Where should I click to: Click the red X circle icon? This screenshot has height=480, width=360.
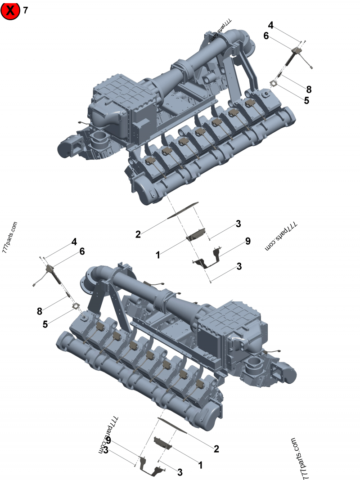pos(10,10)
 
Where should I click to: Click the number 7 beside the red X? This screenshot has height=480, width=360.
pos(25,10)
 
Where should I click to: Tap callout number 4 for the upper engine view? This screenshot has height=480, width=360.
pos(270,25)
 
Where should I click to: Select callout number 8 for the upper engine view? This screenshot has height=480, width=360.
pos(309,90)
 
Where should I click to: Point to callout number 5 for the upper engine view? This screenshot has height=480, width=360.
pos(306,100)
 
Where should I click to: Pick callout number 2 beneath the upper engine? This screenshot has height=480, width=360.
pos(138,234)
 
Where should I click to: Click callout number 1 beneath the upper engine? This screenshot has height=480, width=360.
pos(157,255)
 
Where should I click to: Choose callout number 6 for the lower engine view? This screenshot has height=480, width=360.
pos(82,251)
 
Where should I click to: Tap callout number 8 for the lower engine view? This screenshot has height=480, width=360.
pos(40,311)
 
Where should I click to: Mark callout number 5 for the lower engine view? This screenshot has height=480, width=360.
pos(45,324)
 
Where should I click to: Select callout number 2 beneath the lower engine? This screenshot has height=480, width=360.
pos(216,449)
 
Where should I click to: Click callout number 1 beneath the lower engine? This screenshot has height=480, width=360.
pos(200,465)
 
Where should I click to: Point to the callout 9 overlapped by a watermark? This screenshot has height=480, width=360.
pos(108,441)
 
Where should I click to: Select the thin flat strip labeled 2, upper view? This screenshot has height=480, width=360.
pos(183,210)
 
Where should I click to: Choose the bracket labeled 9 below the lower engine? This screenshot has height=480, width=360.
pos(151,467)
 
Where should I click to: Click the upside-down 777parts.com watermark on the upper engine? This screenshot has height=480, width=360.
pos(221,31)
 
